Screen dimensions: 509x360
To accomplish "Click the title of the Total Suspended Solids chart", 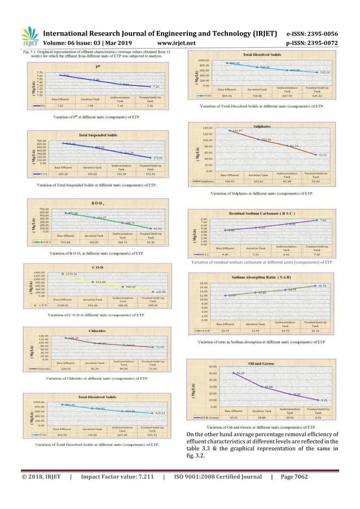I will click(91, 137).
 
